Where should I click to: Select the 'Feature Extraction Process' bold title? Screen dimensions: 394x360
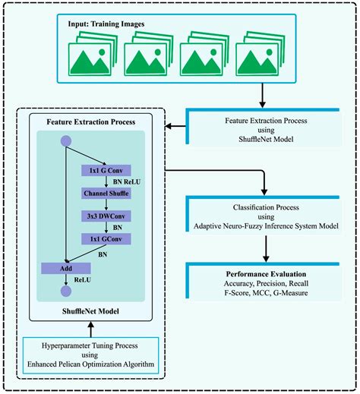pyautogui.click(x=92, y=121)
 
